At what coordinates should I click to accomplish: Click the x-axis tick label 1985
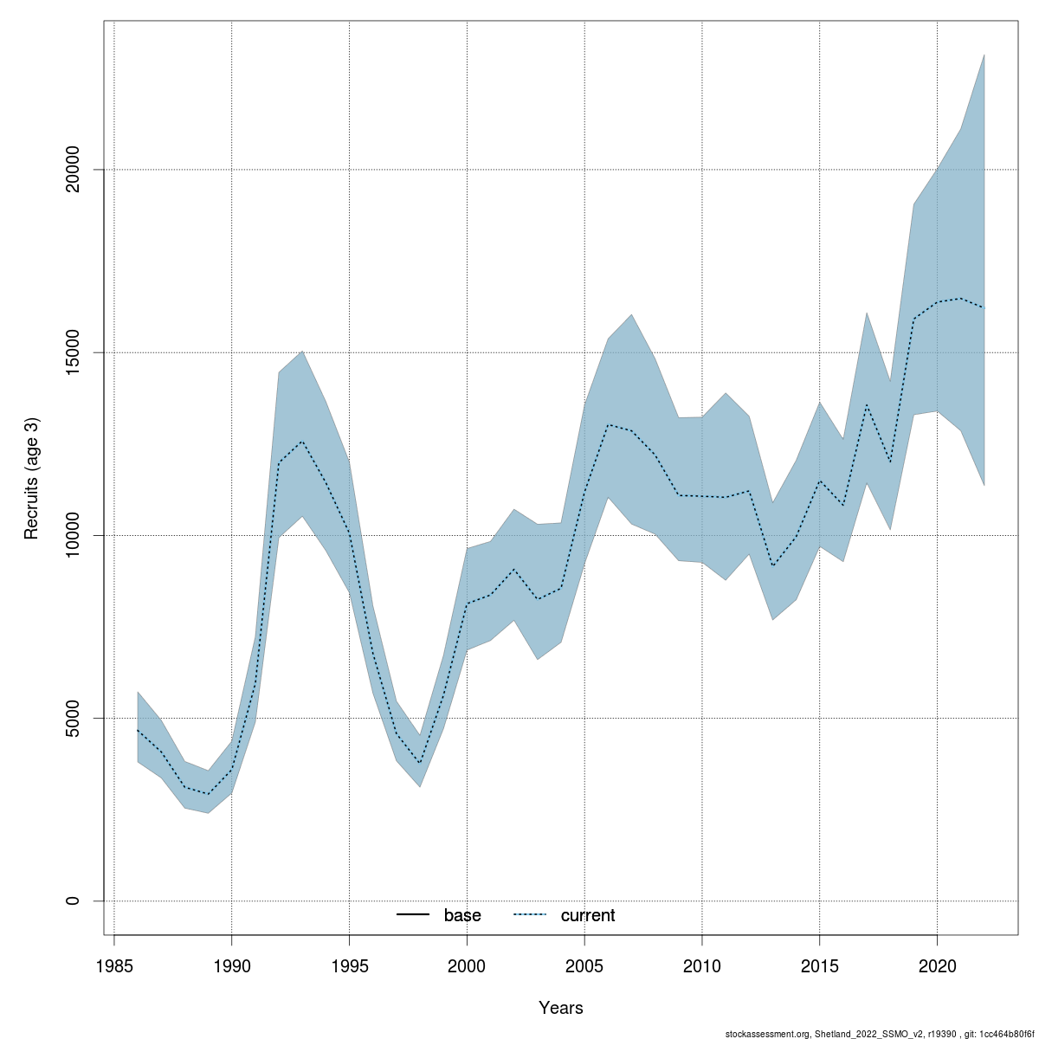(113, 965)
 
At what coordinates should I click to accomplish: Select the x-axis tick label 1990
(231, 965)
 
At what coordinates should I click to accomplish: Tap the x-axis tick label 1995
(349, 965)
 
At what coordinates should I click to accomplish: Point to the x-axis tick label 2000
(467, 965)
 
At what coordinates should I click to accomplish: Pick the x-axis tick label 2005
(584, 965)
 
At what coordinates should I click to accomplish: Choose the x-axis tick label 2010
(702, 965)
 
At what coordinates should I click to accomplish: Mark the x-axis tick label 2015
(820, 965)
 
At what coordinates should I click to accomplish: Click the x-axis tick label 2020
(938, 965)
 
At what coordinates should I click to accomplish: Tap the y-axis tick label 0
(73, 900)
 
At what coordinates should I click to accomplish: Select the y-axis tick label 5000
(73, 718)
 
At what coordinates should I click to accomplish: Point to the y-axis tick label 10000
(73, 535)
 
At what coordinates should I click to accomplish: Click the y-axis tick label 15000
(73, 352)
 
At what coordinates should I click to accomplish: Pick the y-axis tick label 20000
(73, 170)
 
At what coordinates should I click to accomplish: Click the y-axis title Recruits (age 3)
(32, 479)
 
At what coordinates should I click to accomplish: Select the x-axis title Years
(561, 1008)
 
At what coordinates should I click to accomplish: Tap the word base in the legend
(462, 915)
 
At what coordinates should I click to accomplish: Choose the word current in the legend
(588, 915)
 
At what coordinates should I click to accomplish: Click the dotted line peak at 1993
(302, 442)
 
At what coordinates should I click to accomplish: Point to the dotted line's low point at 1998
(420, 763)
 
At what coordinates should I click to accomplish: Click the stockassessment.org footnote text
(880, 1033)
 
